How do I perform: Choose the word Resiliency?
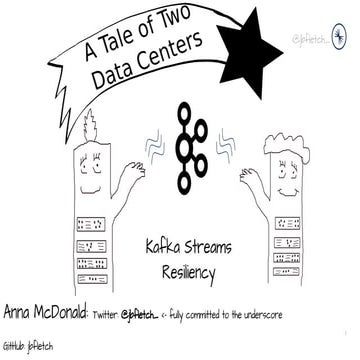[180, 271]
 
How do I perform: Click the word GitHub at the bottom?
[14, 344]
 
